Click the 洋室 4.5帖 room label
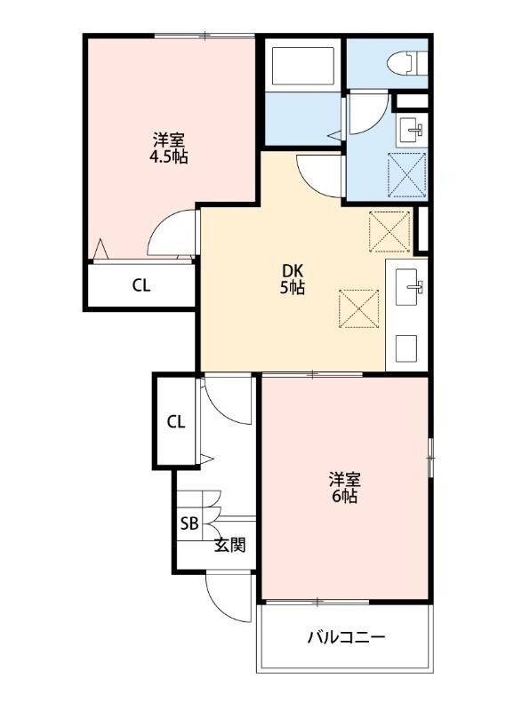(168, 148)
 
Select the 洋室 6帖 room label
(345, 489)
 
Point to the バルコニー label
(347, 637)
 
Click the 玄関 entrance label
(229, 545)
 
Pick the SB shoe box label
(189, 523)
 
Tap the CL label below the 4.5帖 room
(141, 286)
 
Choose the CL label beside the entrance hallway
(176, 421)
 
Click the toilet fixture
(404, 62)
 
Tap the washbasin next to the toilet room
(411, 130)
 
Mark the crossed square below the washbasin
(409, 173)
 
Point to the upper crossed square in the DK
(389, 230)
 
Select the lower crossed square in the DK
(360, 309)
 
